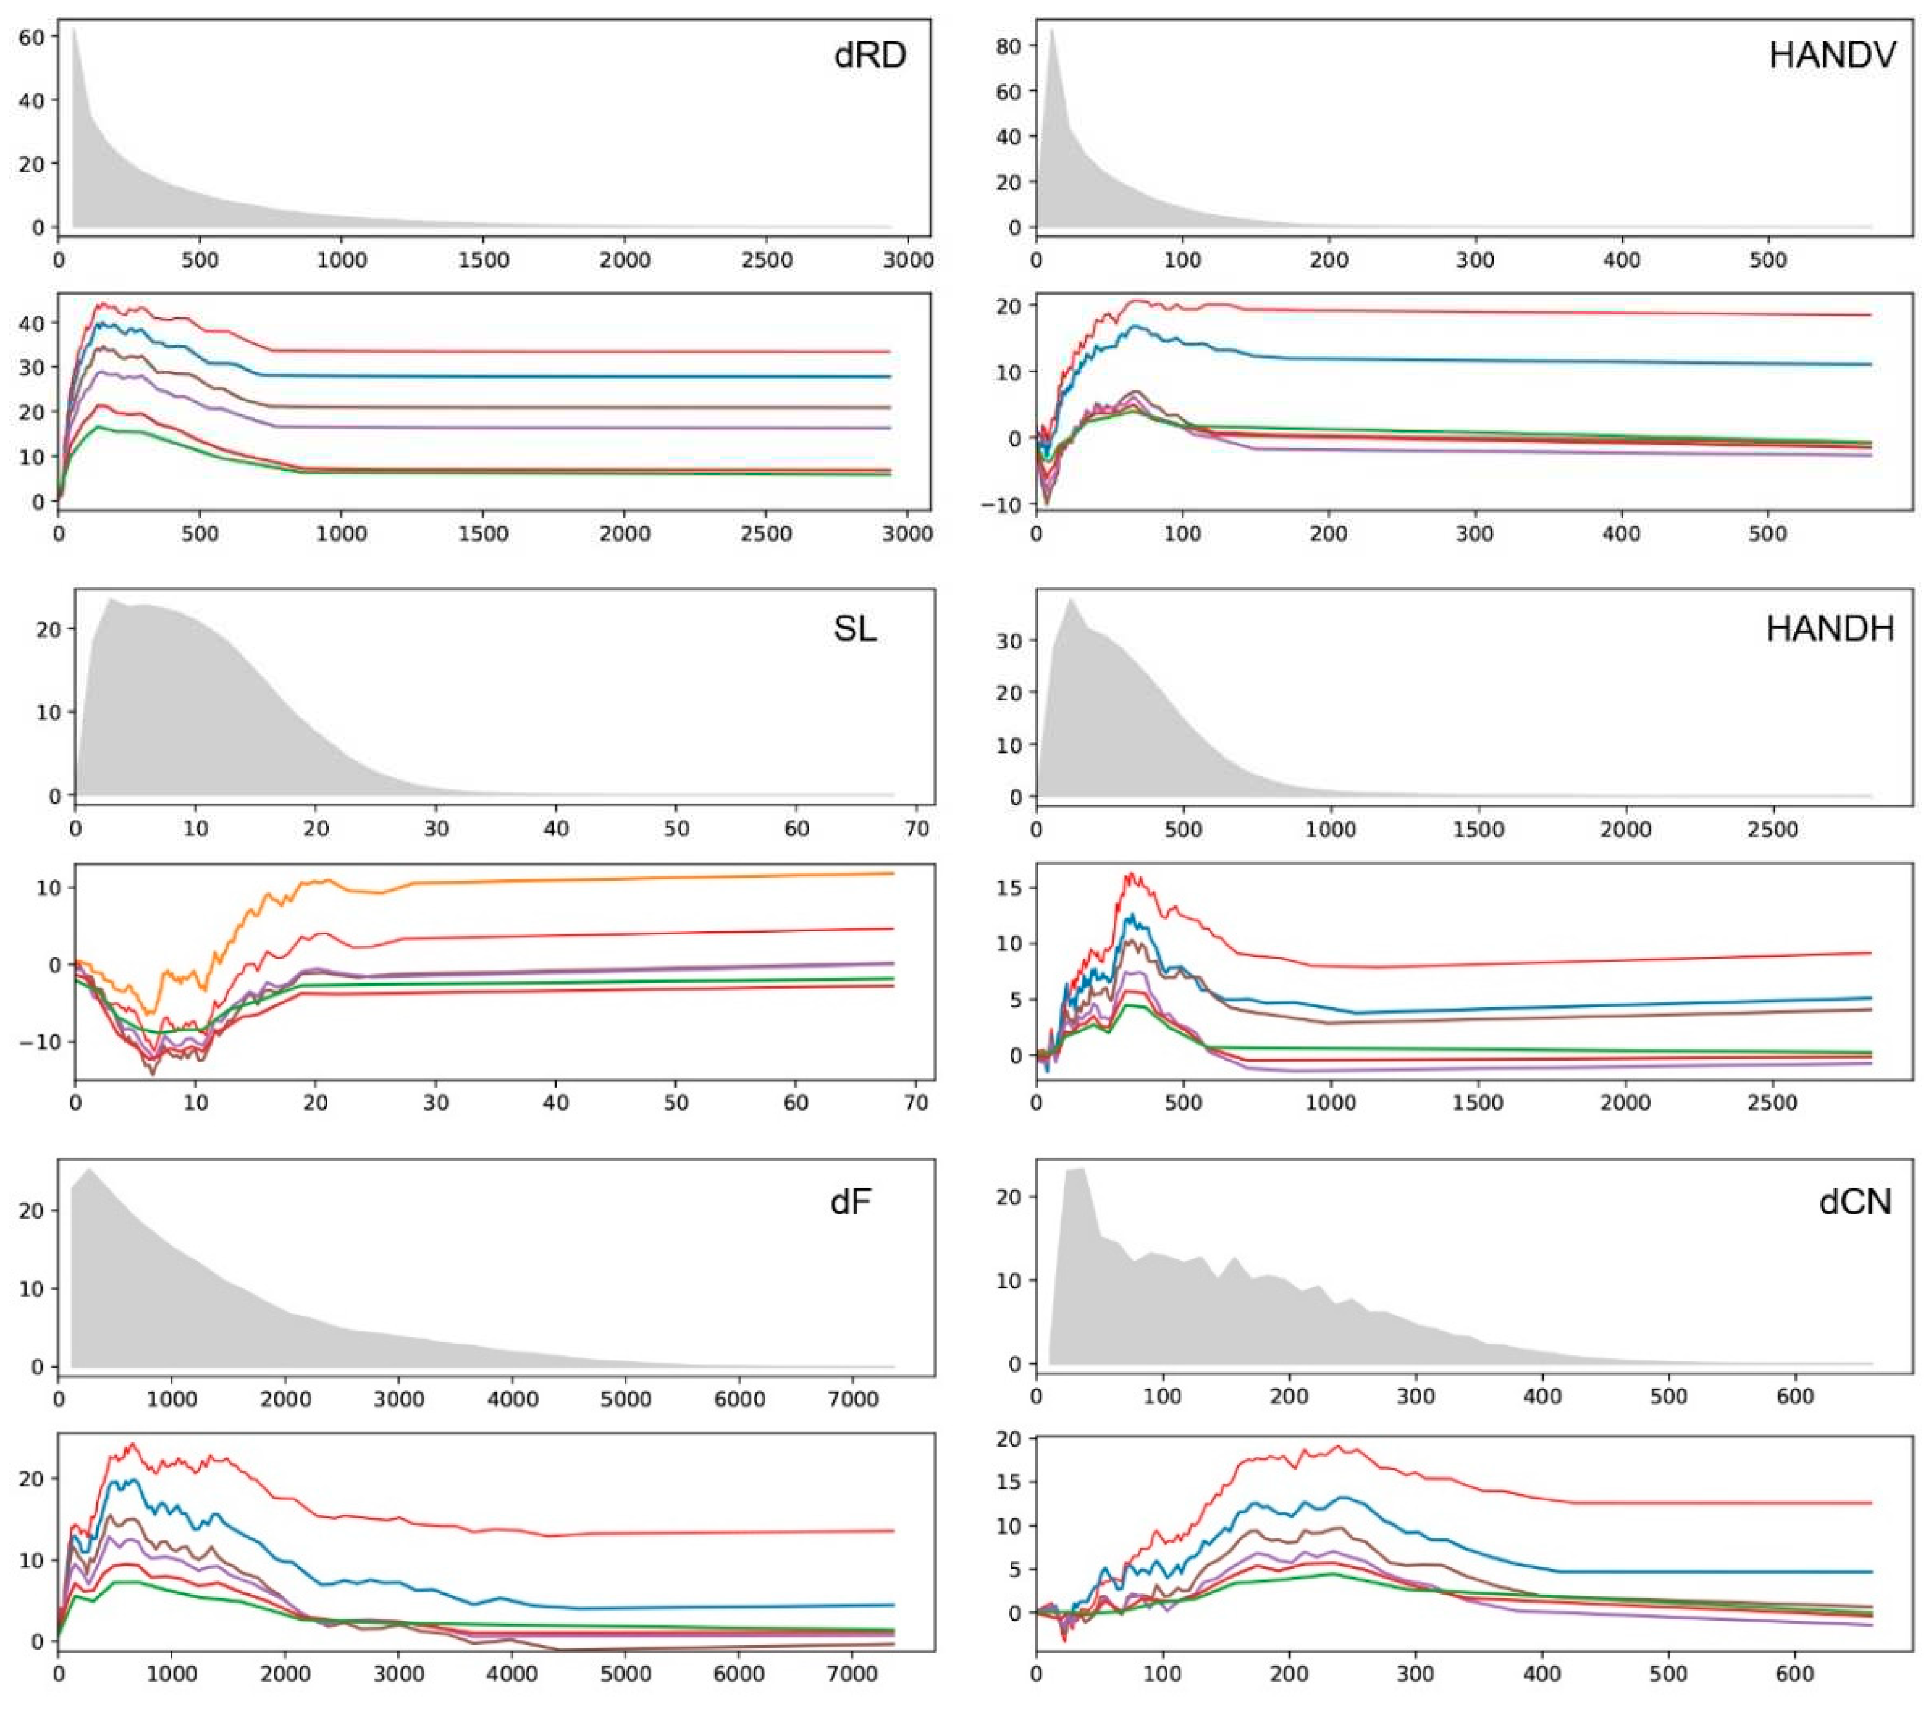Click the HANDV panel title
pyautogui.click(x=1832, y=55)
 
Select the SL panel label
pyautogui.click(x=854, y=629)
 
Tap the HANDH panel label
pyautogui.click(x=1829, y=629)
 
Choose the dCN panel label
pyautogui.click(x=1854, y=1202)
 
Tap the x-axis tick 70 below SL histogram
pyautogui.click(x=916, y=829)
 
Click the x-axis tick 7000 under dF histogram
pyautogui.click(x=852, y=1399)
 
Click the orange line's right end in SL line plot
pyautogui.click(x=892, y=873)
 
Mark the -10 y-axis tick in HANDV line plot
pyautogui.click(x=1001, y=505)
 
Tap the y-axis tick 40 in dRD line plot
pyautogui.click(x=31, y=323)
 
